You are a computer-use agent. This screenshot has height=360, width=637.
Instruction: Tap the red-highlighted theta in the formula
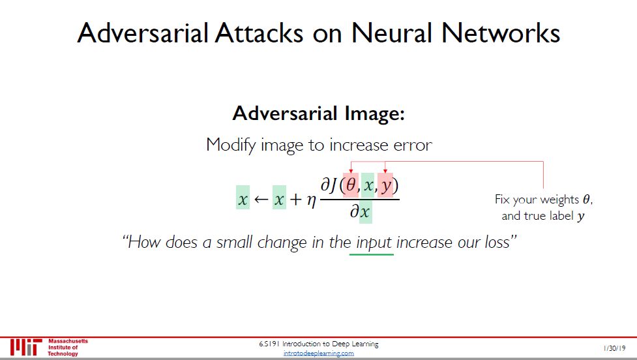click(x=351, y=186)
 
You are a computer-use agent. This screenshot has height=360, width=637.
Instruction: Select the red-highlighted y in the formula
click(x=386, y=186)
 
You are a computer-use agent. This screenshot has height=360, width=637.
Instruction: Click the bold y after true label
click(x=581, y=217)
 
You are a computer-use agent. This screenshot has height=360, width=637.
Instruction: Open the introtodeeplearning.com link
click(x=319, y=353)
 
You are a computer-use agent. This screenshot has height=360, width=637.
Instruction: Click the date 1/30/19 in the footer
click(x=615, y=349)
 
